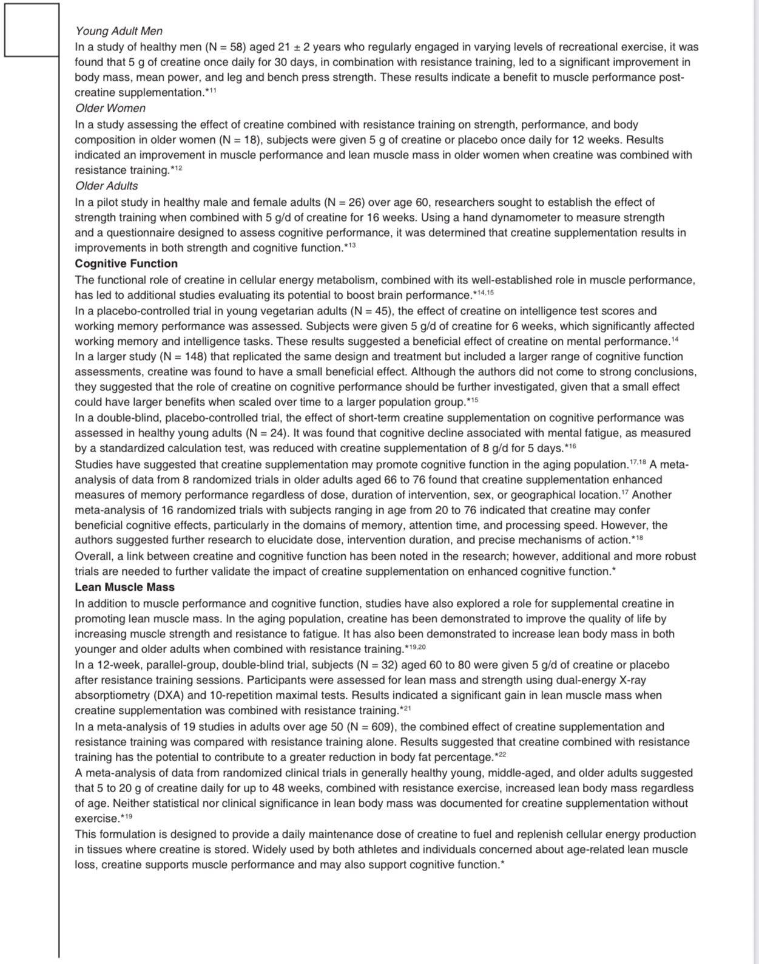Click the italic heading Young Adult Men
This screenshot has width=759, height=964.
[x=118, y=31]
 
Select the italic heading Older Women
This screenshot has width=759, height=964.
[x=110, y=108]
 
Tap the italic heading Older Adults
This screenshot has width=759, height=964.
[x=106, y=186]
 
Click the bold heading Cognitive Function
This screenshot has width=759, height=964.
[x=126, y=263]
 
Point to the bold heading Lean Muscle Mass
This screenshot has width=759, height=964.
[x=124, y=587]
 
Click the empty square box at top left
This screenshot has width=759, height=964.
[x=32, y=30]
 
